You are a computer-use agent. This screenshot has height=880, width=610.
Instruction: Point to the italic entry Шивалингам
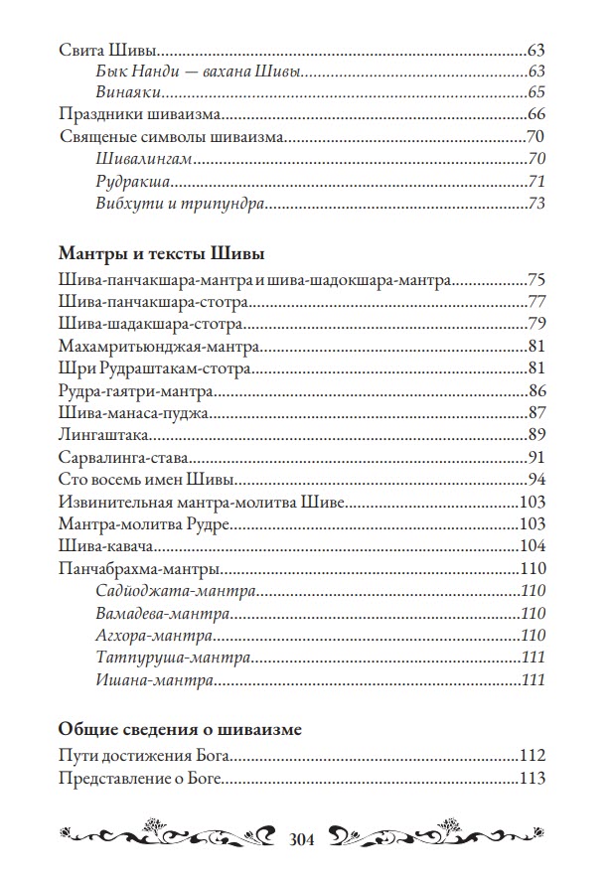[x=145, y=159]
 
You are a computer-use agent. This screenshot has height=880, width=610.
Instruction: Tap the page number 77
[x=535, y=301]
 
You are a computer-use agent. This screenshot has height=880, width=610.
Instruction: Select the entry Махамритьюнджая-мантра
[x=158, y=347]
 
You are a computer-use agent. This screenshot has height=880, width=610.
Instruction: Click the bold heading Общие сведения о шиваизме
[x=180, y=729]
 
